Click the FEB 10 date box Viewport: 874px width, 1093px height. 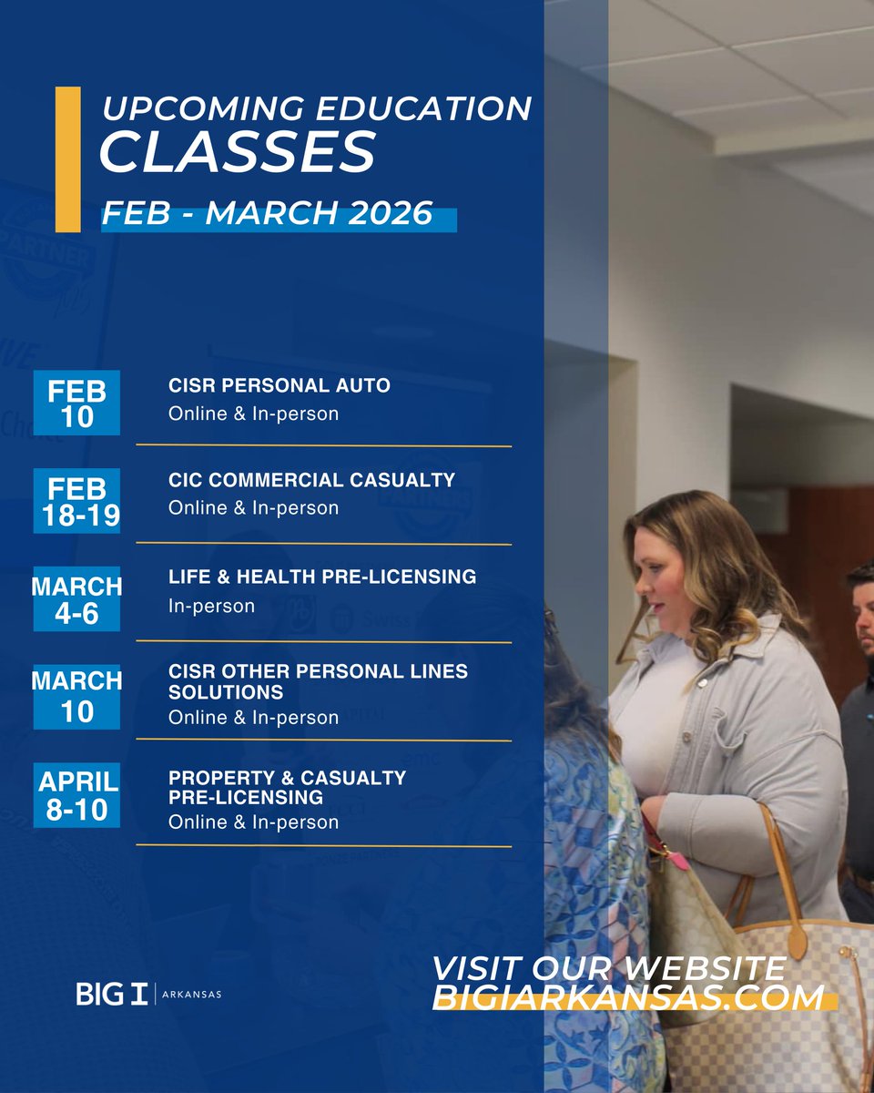76,403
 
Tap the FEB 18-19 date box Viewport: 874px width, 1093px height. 76,501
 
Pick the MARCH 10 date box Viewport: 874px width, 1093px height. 76,697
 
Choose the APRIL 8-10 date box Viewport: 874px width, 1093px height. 76,794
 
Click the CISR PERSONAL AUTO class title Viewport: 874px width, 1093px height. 279,385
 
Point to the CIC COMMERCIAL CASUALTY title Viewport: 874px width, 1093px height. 311,479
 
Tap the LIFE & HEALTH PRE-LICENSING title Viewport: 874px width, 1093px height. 322,577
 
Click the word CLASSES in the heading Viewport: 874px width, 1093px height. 237,152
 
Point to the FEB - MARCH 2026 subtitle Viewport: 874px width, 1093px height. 267,213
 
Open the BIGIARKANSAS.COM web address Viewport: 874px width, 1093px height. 628,997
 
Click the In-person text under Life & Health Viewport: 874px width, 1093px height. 211,606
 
